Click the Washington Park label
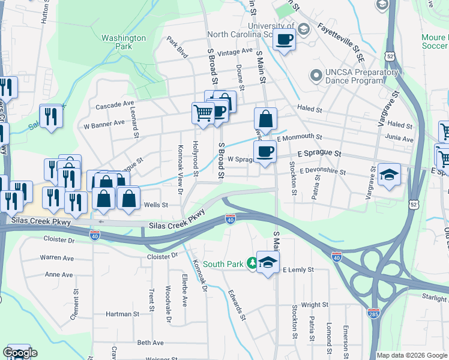pyautogui.click(x=124, y=42)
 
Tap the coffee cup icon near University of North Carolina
pyautogui.click(x=285, y=40)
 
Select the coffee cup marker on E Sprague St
pyautogui.click(x=265, y=152)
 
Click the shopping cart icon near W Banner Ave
pyautogui.click(x=203, y=112)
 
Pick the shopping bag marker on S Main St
pyautogui.click(x=265, y=119)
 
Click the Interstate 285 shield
pyautogui.click(x=373, y=312)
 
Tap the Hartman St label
pyautogui.click(x=122, y=314)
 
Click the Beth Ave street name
pyautogui.click(x=150, y=343)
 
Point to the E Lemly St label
pyautogui.click(x=298, y=271)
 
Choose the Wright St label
pyautogui.click(x=315, y=305)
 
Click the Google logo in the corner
pyautogui.click(x=20, y=353)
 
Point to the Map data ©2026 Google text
pyautogui.click(x=411, y=355)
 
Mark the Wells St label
pyautogui.click(x=155, y=205)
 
